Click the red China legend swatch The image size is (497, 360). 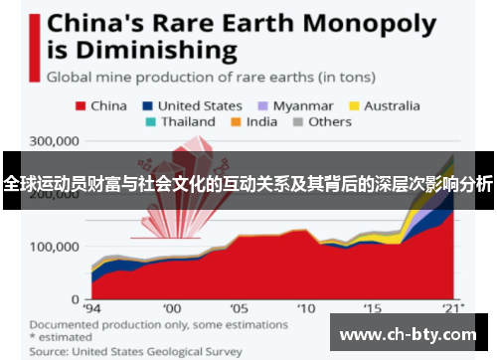pos(79,104)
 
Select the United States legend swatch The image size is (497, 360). pos(147,104)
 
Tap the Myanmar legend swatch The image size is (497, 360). pos(263,104)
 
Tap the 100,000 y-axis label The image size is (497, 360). pos(56,246)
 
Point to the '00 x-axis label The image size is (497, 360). pos(172,309)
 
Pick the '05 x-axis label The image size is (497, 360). pos(239,309)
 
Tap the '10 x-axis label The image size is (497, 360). pos(305,309)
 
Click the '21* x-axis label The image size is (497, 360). pos(454,309)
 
